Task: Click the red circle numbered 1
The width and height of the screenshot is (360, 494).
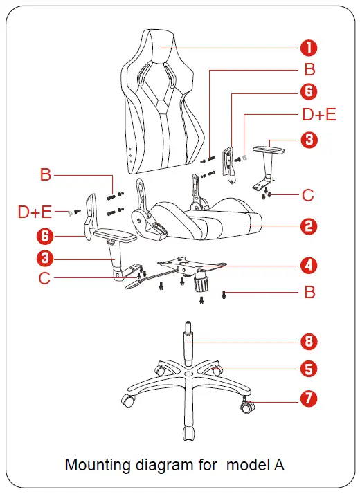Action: (309, 48)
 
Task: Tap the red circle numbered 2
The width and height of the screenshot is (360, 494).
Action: (309, 226)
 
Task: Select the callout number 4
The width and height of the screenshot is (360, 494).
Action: (309, 265)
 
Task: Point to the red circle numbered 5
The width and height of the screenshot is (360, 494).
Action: (309, 368)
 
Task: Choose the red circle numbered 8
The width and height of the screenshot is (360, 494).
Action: (309, 340)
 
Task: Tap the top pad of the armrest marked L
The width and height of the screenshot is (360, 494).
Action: (268, 147)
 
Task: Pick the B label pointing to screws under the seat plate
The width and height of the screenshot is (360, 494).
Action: (309, 293)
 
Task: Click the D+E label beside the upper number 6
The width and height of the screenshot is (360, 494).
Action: (318, 114)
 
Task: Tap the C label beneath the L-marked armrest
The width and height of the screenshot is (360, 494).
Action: (309, 195)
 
